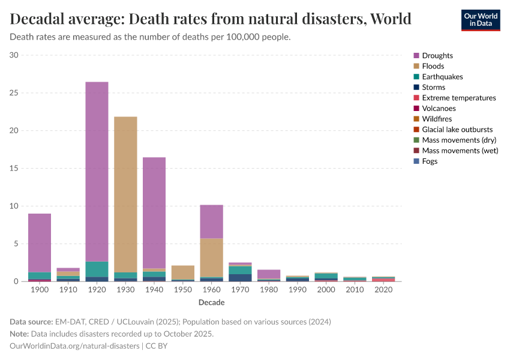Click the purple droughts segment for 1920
pos(97,171)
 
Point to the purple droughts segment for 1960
pos(211,221)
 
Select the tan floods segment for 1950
pos(182,272)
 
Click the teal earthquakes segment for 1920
pos(97,269)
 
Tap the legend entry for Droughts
pos(437,56)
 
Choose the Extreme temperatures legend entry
pos(458,98)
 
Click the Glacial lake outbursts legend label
pos(457,130)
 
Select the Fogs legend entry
pos(430,161)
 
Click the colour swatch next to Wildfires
pos(416,119)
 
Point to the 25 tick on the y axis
pos(14,93)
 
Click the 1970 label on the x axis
pos(240,290)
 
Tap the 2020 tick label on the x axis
pos(383,290)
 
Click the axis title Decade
pos(211,302)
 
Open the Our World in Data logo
pos(480,20)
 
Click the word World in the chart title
pos(391,19)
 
